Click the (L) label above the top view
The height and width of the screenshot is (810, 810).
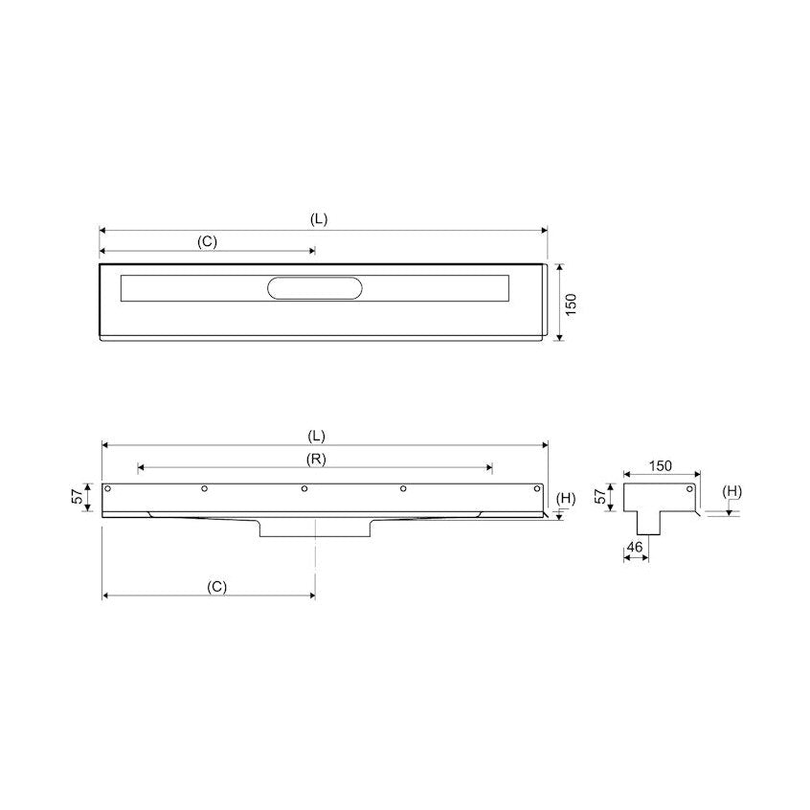[x=319, y=219]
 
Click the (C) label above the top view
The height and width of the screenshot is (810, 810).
[x=207, y=241]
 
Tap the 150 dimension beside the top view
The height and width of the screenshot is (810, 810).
[x=571, y=304]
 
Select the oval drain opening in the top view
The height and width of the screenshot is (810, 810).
[x=315, y=288]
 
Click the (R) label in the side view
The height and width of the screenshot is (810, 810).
[x=316, y=459]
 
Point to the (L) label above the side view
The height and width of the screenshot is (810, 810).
[x=317, y=436]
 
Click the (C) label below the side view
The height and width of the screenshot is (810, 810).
[x=217, y=587]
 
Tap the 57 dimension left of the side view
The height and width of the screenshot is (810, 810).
[x=78, y=496]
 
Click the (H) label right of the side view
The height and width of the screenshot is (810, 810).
[x=566, y=498]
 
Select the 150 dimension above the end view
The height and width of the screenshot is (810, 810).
[x=661, y=465]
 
